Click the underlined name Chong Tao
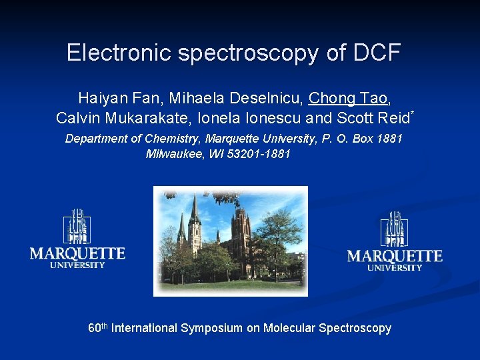[348, 99]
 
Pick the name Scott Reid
[373, 119]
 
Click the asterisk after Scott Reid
[413, 114]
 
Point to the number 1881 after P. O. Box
[389, 139]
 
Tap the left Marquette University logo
[77, 239]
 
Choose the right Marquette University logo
[395, 241]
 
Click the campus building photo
[231, 241]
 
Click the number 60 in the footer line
[94, 329]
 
